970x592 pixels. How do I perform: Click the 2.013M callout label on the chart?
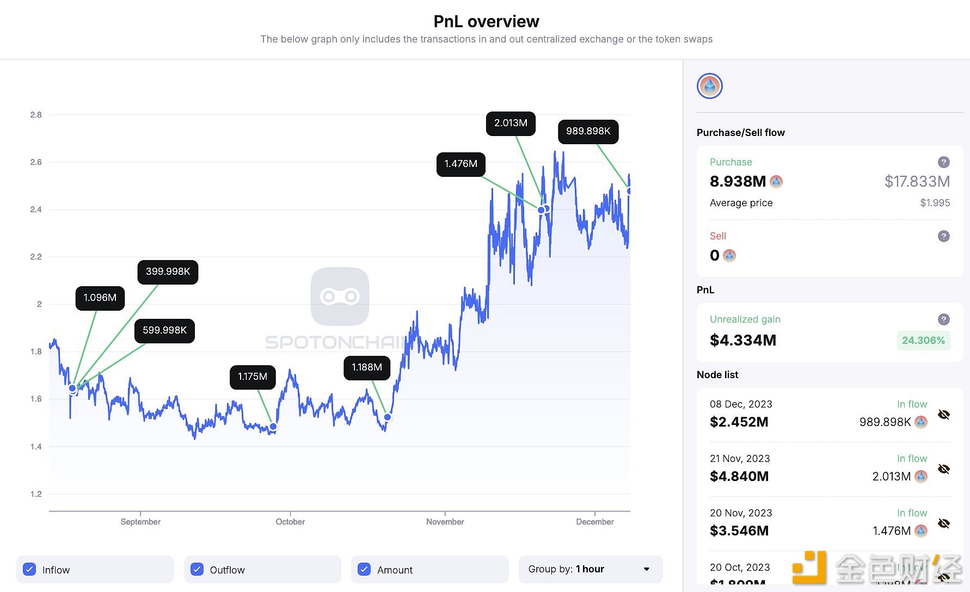click(x=511, y=124)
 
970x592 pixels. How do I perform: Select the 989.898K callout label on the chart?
click(x=588, y=132)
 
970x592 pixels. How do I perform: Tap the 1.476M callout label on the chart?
click(x=461, y=164)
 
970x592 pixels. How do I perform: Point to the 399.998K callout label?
click(x=168, y=272)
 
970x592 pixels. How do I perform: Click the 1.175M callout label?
click(x=253, y=377)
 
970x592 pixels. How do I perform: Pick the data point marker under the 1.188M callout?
click(x=388, y=417)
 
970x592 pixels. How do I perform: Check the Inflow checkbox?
click(x=30, y=569)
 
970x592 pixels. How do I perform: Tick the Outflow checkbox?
click(x=197, y=569)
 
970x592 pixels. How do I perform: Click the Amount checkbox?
click(x=364, y=569)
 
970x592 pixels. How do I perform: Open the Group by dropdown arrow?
click(x=647, y=569)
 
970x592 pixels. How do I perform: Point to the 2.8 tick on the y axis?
click(x=36, y=115)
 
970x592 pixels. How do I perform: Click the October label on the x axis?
click(x=290, y=522)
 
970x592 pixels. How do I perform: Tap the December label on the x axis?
click(x=594, y=522)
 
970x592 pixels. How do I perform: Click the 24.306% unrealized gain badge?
click(x=923, y=341)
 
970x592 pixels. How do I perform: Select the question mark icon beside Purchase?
click(x=944, y=162)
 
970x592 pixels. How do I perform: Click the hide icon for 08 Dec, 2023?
click(x=944, y=415)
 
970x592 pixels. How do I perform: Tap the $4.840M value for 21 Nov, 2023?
click(x=739, y=477)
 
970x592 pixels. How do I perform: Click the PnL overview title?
click(x=486, y=21)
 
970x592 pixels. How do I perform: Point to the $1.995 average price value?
click(x=935, y=203)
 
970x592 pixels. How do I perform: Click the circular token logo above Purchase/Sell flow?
click(x=710, y=86)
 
